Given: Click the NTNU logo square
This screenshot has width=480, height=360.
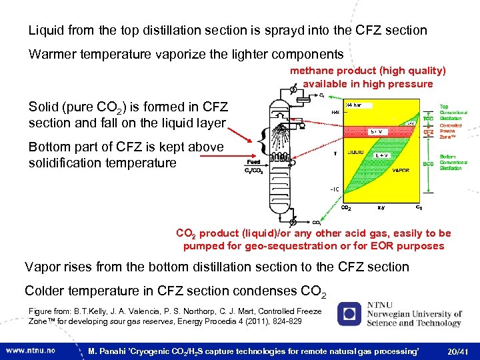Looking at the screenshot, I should [349, 315].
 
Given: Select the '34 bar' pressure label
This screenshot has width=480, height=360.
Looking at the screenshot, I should [354, 104].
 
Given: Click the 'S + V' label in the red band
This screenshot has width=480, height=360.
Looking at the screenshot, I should [377, 131].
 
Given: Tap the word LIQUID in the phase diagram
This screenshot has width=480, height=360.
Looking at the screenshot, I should [355, 153].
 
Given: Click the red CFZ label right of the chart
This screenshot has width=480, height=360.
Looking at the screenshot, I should [429, 132].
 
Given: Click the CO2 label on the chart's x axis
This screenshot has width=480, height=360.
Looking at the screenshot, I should [347, 208].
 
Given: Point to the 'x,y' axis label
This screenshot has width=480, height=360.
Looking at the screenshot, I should [381, 208].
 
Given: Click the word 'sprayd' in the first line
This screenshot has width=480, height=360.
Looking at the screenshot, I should [263, 30].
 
